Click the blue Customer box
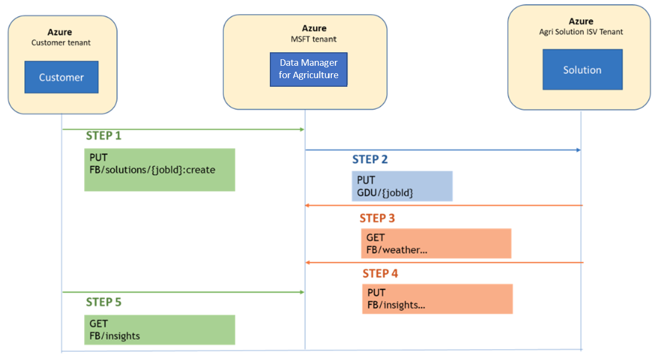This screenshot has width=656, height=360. click(x=61, y=77)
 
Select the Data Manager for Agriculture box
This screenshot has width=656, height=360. click(x=309, y=69)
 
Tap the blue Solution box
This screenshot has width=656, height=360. click(x=582, y=70)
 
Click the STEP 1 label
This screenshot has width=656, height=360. click(x=103, y=136)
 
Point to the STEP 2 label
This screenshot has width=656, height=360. click(x=370, y=160)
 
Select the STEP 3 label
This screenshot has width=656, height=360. click(x=378, y=218)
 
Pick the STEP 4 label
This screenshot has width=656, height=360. click(x=380, y=274)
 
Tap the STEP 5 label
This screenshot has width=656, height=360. click(x=103, y=302)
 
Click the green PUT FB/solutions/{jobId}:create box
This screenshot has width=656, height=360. click(x=159, y=170)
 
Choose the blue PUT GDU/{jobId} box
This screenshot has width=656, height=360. click(x=402, y=186)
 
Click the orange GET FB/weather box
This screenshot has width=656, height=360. click(x=436, y=244)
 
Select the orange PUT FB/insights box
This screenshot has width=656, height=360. click(x=437, y=299)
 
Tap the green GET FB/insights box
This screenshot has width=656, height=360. click(x=159, y=330)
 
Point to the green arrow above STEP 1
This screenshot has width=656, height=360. click(x=183, y=129)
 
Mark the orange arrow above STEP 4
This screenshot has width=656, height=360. click(x=444, y=262)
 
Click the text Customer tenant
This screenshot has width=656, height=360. click(x=61, y=43)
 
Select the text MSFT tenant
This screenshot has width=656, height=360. click(x=305, y=39)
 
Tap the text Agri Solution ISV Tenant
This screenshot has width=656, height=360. click(x=581, y=32)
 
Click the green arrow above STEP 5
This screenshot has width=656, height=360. click(x=183, y=292)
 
